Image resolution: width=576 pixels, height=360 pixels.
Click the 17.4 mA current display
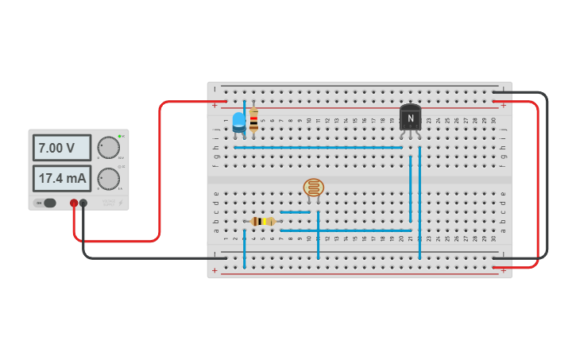click(x=62, y=178)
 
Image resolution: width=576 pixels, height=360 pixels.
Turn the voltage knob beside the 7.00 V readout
click(x=108, y=148)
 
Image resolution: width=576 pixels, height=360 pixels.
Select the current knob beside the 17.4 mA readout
click(x=108, y=179)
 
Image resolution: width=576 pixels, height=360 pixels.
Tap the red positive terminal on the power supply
click(x=74, y=203)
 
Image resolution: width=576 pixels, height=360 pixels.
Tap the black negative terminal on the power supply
click(x=83, y=203)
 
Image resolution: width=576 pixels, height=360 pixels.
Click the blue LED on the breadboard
click(x=239, y=121)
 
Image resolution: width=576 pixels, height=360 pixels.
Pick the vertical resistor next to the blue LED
click(x=253, y=121)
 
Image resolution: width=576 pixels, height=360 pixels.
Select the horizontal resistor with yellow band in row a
click(x=262, y=221)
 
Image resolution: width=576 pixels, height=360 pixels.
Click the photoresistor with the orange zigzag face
click(x=314, y=188)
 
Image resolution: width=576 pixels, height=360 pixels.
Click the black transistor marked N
click(x=410, y=118)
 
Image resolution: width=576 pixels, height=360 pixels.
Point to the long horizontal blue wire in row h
click(x=318, y=147)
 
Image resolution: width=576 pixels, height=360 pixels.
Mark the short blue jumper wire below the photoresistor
click(x=295, y=212)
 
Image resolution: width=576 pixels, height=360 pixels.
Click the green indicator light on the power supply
click(x=119, y=136)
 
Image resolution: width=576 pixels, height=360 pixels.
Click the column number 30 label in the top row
click(x=493, y=120)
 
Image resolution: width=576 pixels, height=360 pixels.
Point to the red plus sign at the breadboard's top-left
click(x=214, y=105)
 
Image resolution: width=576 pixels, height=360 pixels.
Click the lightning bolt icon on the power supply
click(x=121, y=203)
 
